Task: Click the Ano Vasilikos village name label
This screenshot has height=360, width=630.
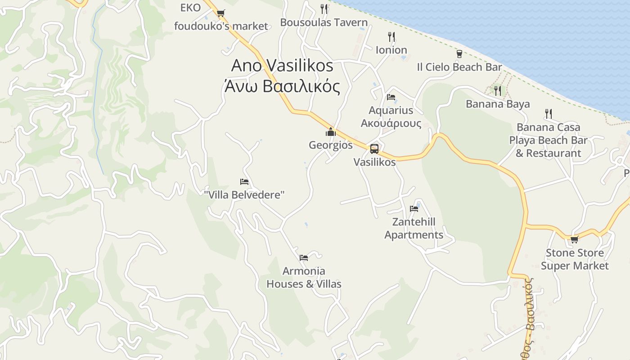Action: point(282,66)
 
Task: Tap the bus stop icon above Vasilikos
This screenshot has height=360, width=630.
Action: point(374,148)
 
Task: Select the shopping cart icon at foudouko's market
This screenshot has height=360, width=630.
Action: point(220,13)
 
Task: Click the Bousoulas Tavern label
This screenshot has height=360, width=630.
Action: point(324,22)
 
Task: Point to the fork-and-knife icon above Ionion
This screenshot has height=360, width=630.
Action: point(391,37)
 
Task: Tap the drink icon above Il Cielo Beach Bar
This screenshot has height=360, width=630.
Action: point(459,54)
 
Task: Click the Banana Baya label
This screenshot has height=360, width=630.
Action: point(497,104)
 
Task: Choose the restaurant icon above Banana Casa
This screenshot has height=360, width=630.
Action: point(548,113)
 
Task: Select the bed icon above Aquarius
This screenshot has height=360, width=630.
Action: point(391,97)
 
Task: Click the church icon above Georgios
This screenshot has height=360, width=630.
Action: point(331,132)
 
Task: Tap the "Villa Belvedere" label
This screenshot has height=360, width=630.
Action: point(244,195)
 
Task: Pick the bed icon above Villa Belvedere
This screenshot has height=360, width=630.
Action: point(244,182)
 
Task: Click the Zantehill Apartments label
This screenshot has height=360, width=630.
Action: point(414,229)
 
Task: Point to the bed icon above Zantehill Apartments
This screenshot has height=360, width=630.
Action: point(414,208)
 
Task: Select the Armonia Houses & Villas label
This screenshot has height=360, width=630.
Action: point(304,278)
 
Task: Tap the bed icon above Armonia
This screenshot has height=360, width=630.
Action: point(304,258)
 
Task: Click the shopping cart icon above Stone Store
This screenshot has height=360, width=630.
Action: point(574,239)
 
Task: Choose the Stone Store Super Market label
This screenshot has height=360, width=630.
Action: point(575,260)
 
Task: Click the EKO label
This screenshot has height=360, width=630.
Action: point(190,8)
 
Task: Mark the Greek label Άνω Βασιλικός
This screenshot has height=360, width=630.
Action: point(282,86)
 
